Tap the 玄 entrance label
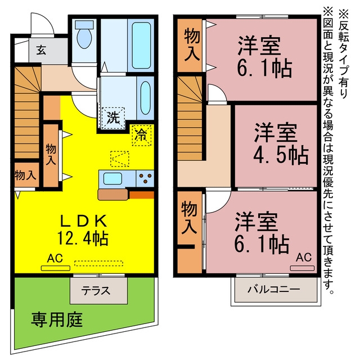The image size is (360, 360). pyautogui.click(x=41, y=50)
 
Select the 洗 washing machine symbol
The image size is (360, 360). pyautogui.click(x=113, y=118)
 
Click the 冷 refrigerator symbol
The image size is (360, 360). pyautogui.click(x=142, y=136)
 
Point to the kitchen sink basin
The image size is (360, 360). pyautogui.click(x=112, y=178)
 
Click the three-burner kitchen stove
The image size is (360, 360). pyautogui.click(x=145, y=178)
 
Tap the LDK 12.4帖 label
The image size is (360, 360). pyautogui.click(x=83, y=230)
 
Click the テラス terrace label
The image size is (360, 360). pyautogui.click(x=96, y=291)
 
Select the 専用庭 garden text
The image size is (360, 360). pyautogui.click(x=57, y=319)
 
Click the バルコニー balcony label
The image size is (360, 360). pyautogui.click(x=274, y=289)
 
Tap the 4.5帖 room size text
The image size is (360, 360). pyautogui.click(x=281, y=155)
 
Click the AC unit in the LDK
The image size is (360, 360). pyautogui.click(x=56, y=268)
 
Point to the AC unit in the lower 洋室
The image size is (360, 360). pyautogui.click(x=302, y=268)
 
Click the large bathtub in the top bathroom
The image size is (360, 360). pyautogui.click(x=141, y=45)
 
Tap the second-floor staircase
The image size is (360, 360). pyautogui.click(x=190, y=118)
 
